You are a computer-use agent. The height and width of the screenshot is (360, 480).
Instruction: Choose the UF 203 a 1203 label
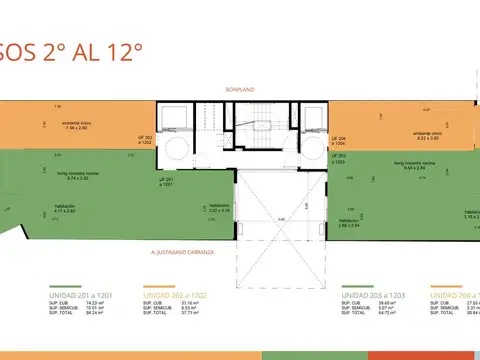pos(338,159)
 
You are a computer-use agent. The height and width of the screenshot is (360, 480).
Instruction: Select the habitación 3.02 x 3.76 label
pos(192,208)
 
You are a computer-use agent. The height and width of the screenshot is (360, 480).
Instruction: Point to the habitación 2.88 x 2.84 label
pos(351,222)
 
